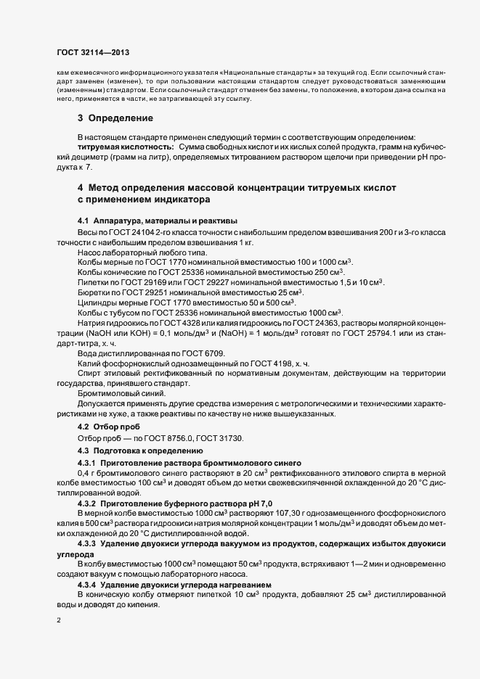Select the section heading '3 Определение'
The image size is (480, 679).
(x=115, y=118)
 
